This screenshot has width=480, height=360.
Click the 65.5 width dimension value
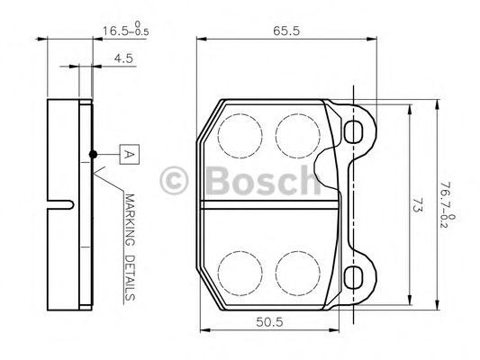click(x=287, y=30)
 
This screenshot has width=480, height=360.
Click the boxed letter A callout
click(x=128, y=154)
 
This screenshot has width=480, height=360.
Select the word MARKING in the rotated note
click(x=128, y=222)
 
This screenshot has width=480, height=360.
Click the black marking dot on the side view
click(x=93, y=154)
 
